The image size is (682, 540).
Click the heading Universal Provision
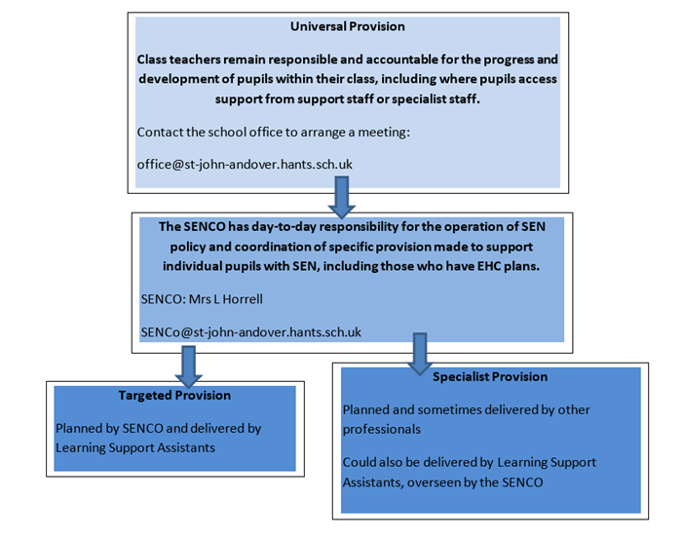(x=348, y=26)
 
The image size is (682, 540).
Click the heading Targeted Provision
(x=174, y=395)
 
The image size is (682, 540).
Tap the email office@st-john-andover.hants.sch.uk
(x=245, y=164)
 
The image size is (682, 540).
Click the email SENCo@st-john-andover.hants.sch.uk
(x=251, y=331)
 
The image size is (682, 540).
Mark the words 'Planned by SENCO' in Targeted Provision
(x=104, y=427)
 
